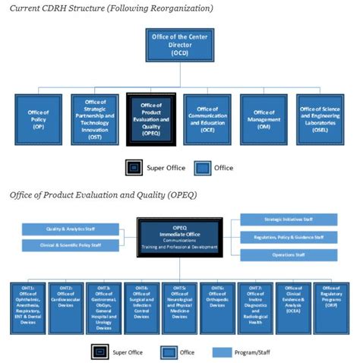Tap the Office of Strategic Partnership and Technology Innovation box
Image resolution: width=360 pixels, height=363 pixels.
[96, 120]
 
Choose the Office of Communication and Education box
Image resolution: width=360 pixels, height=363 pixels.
[209, 120]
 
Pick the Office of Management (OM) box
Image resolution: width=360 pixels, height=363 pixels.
[264, 120]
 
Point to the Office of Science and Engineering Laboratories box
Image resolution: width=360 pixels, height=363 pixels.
[321, 120]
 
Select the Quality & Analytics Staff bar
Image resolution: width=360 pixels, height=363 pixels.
[71, 229]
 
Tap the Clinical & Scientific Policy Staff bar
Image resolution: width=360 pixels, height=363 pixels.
[71, 245]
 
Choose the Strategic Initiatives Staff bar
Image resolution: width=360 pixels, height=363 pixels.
[289, 219]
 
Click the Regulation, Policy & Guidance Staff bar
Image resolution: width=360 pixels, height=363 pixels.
[289, 237]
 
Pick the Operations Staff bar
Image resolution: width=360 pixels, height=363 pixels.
[289, 255]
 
